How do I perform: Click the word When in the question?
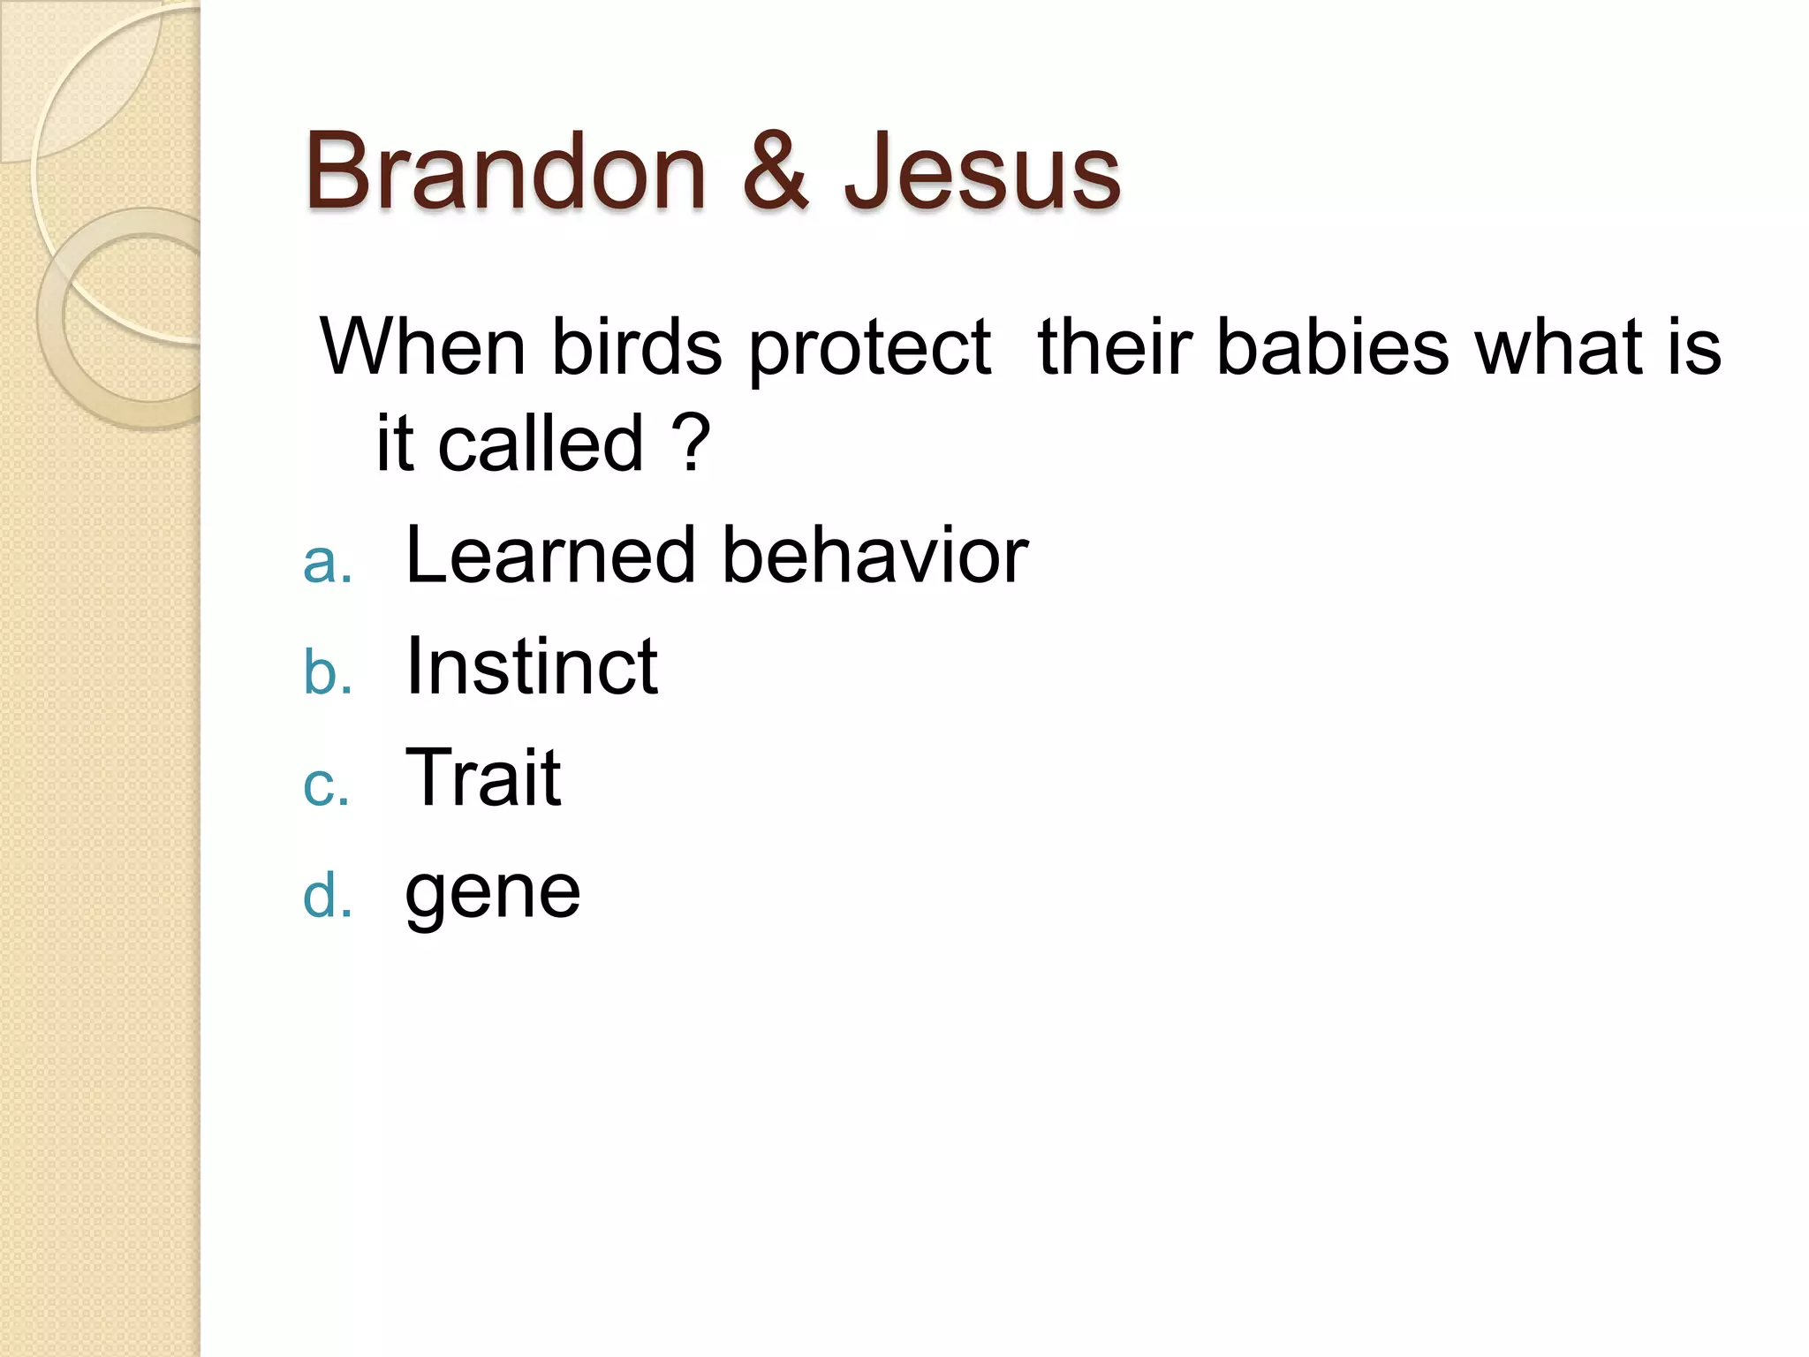[422, 346]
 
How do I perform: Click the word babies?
[1333, 346]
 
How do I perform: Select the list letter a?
[326, 563]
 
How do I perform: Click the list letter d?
[326, 895]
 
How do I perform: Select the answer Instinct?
[531, 666]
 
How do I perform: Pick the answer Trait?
[482, 777]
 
